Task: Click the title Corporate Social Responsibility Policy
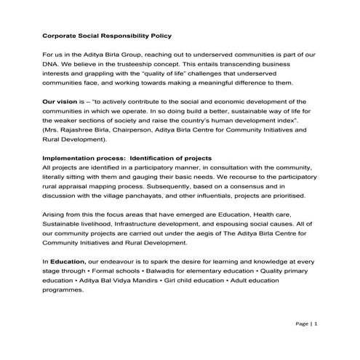[x=106, y=35]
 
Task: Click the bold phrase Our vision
[x=60, y=101]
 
